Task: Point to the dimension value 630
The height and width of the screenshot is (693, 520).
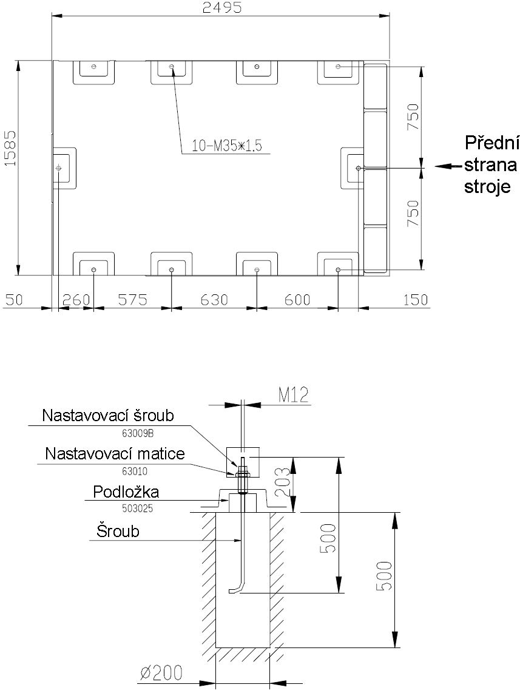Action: coord(213,299)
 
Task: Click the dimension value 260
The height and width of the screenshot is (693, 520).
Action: coord(76,299)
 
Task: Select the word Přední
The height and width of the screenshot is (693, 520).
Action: coord(492,143)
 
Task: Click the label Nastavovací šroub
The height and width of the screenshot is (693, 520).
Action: coord(108,416)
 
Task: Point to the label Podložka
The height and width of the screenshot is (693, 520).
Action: coord(126,492)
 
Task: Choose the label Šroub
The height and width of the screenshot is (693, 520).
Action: coord(118,532)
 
